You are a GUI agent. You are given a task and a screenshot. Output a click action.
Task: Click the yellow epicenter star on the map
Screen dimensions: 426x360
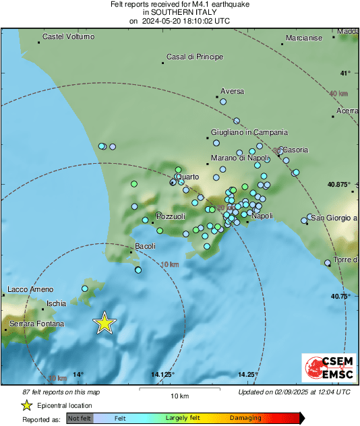[104, 323]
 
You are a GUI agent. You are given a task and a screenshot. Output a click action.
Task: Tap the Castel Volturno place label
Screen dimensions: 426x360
[68, 36]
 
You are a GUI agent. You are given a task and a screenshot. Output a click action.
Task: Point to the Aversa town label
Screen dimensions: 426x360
[233, 91]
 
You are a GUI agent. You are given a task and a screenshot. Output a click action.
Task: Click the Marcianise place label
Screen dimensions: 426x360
[304, 38]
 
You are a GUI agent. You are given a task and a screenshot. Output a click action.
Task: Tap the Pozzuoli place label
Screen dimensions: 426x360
[169, 216]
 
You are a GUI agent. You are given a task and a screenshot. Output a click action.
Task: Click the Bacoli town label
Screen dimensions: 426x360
[146, 247]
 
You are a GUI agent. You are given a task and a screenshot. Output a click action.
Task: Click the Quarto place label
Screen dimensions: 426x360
[187, 177]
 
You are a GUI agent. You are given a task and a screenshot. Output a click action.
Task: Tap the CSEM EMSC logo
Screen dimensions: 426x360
[325, 368]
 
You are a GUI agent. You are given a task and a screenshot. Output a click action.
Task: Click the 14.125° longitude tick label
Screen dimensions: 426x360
[163, 375]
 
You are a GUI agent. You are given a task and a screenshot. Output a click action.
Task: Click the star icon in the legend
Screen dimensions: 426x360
[27, 405]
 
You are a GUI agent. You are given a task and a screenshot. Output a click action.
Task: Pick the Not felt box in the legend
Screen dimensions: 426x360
[79, 418]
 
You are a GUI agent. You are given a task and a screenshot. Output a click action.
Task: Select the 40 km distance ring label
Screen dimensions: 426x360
[338, 94]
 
